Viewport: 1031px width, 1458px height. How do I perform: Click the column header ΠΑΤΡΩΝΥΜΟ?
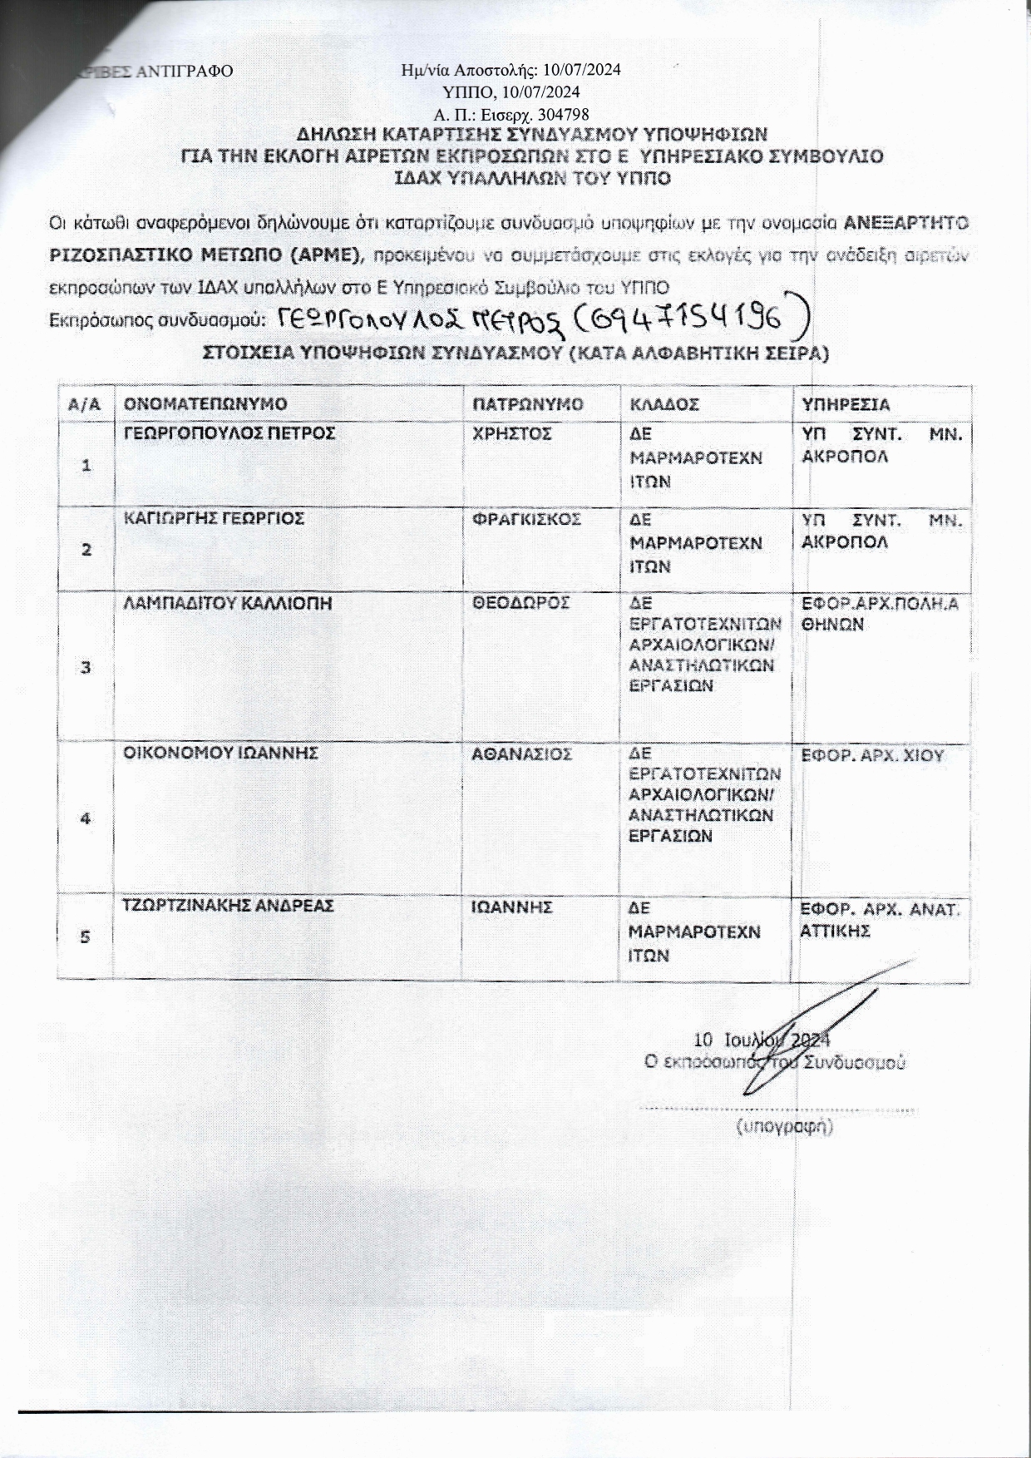click(527, 404)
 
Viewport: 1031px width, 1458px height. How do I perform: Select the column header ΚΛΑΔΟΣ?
click(664, 404)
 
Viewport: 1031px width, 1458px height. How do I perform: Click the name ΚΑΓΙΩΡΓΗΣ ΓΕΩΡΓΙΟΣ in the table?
click(214, 518)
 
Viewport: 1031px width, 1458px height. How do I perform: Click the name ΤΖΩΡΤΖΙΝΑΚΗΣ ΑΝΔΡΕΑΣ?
click(229, 906)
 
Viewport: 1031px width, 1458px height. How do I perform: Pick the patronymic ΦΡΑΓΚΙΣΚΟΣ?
click(526, 519)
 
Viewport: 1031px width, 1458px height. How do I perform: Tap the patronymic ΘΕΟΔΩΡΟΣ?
click(520, 603)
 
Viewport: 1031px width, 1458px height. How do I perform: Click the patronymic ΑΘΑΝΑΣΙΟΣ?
click(522, 754)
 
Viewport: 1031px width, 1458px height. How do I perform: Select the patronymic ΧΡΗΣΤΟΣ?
click(511, 433)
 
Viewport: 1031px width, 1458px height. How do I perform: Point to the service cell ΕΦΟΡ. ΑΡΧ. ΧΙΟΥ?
click(872, 756)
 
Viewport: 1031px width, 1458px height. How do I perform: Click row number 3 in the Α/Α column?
click(86, 667)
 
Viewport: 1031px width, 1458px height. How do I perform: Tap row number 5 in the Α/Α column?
click(85, 937)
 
